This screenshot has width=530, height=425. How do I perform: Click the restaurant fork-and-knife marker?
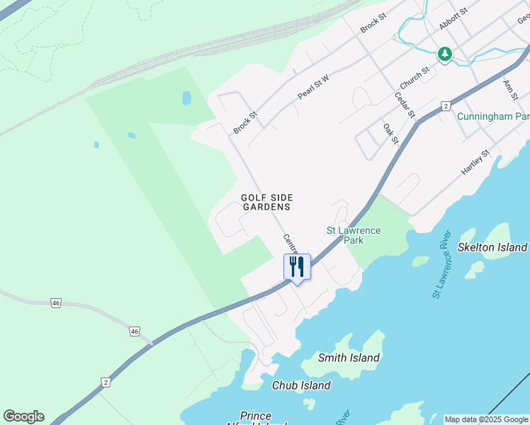coord(297,267)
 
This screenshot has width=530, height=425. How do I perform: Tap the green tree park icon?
coord(444,54)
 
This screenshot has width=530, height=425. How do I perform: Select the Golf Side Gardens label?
coord(266,203)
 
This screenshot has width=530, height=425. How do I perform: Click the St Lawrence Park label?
coord(353,235)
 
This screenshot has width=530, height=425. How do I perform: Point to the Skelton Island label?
coord(492,247)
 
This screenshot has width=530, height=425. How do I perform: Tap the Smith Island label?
coord(349,358)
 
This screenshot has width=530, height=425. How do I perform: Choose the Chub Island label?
coord(301,385)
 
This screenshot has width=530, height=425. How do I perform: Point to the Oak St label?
coord(390,133)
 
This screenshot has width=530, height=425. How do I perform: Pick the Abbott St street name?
coord(453,19)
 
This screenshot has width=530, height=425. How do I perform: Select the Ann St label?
coord(510,89)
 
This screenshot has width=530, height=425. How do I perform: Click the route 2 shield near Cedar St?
coord(446,106)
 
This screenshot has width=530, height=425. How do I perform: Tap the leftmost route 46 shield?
coord(56,303)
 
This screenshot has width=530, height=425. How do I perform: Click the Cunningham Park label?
coord(492,116)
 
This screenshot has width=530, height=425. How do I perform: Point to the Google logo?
coord(23,416)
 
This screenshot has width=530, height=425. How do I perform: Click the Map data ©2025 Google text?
coord(486,419)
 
